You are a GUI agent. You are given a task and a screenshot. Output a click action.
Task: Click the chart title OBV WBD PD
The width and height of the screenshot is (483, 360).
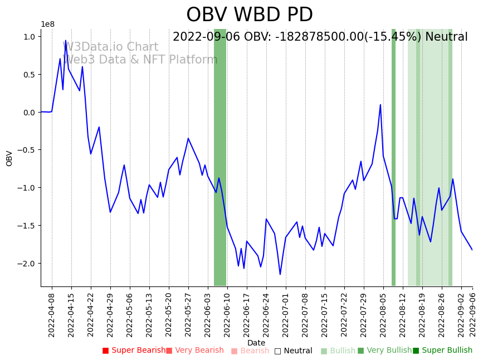coord(249,15)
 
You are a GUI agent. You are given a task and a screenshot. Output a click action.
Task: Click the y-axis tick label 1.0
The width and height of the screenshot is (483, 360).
coord(29,37)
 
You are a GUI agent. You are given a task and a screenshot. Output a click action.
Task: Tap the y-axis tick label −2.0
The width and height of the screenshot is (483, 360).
coord(27,264)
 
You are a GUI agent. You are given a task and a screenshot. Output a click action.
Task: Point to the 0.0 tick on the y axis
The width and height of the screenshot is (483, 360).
coord(29,113)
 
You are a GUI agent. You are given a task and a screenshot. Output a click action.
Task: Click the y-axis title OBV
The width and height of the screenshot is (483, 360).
coord(9,158)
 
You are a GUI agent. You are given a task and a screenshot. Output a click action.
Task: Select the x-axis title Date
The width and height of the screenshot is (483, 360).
coord(256,343)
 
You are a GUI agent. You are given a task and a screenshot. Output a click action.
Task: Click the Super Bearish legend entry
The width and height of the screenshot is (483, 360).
coord(134,351)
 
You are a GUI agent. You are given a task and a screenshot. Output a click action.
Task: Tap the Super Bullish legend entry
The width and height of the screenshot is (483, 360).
coord(442,351)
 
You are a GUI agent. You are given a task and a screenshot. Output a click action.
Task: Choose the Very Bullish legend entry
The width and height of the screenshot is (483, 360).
coord(384,351)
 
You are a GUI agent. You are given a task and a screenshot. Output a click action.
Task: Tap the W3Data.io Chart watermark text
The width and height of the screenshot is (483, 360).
coord(110,47)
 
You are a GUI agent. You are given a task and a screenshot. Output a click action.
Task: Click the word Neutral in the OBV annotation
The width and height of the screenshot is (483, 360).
coord(446,37)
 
